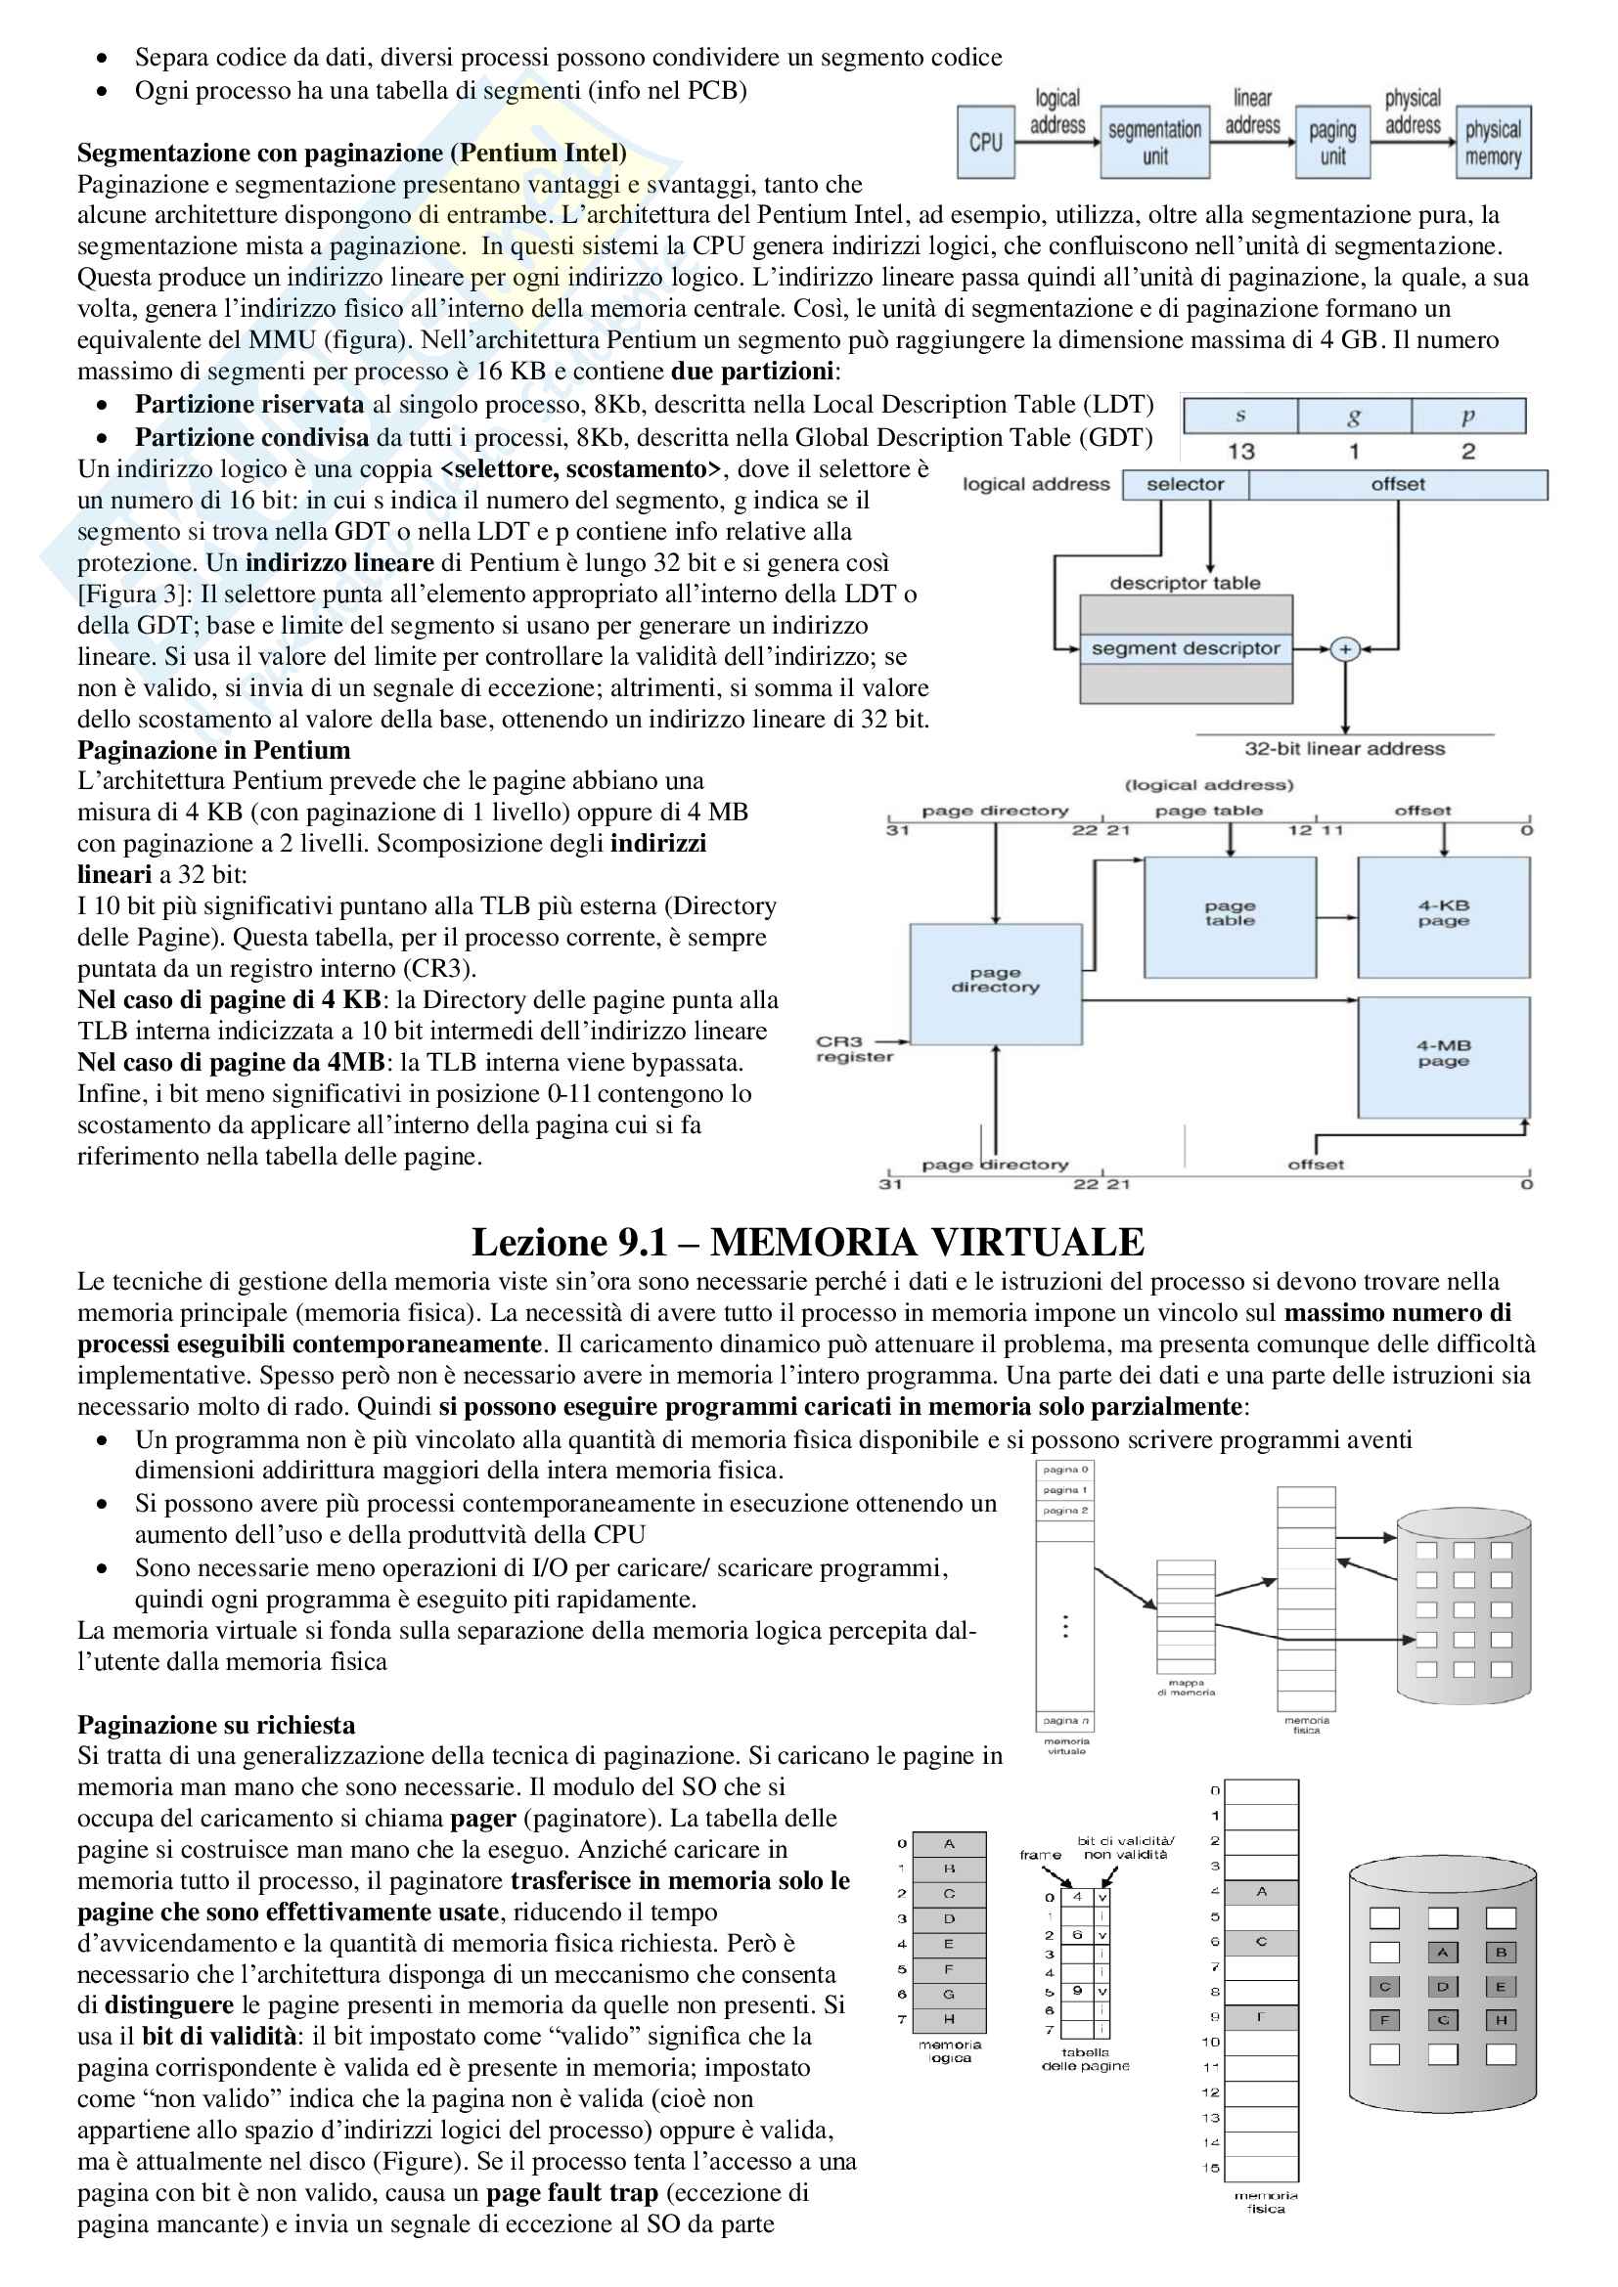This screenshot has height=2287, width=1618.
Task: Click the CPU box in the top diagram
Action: click(985, 143)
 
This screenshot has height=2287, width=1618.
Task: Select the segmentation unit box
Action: click(1154, 143)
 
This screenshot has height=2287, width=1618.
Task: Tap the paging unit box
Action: click(1332, 143)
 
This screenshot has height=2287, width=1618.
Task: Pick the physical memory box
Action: click(1493, 143)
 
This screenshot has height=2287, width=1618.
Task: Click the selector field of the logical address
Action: click(1185, 485)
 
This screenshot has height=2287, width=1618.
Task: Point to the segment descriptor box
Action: click(1186, 649)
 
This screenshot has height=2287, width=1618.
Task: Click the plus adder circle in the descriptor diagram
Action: click(1345, 649)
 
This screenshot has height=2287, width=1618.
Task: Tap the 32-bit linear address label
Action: click(1344, 749)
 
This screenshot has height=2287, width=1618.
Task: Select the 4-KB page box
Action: click(1443, 914)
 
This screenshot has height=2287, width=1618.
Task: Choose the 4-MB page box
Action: click(1443, 1055)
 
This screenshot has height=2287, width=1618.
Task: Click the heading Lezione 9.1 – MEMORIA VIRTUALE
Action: click(808, 1243)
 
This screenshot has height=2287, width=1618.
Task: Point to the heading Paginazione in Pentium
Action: click(214, 750)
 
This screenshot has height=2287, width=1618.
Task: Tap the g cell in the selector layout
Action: click(1354, 417)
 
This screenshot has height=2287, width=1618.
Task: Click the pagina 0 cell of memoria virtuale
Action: click(1065, 1471)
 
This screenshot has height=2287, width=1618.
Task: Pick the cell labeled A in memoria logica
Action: click(950, 1844)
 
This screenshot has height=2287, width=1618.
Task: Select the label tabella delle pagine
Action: click(1085, 2059)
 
